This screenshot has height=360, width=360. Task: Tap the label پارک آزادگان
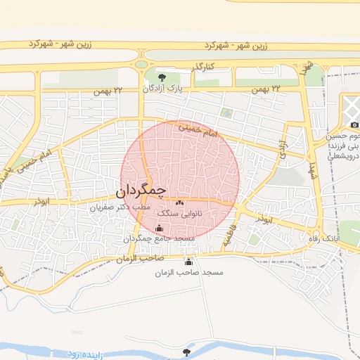162,89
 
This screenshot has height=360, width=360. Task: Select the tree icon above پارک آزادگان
163,77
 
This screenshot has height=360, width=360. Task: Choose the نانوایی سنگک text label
179,212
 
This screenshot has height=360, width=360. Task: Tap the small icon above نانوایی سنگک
179,202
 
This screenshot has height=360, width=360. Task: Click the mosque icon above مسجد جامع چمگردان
159,228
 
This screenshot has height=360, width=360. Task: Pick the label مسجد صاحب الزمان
188,272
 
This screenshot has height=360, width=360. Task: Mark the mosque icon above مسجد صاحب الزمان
188,262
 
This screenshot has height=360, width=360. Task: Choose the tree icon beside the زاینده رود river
186,352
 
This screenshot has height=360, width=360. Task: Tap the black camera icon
354,125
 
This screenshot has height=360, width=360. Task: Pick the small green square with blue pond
226,112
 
